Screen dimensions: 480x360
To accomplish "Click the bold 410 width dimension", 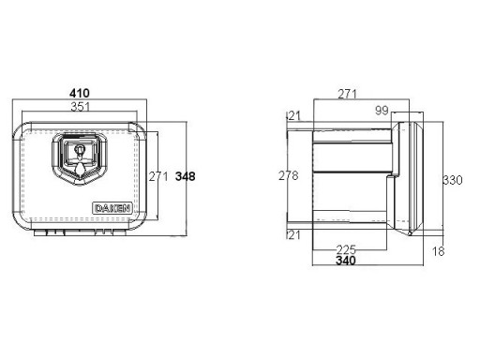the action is click(x=80, y=93).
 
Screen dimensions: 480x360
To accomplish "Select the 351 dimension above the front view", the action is click(x=80, y=107).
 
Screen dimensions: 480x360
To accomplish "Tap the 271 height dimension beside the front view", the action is click(x=158, y=176).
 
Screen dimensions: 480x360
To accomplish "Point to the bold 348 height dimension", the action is click(x=186, y=176).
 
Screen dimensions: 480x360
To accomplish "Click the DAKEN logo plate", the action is click(x=112, y=208).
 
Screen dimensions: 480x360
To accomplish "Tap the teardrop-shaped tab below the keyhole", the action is click(x=80, y=170).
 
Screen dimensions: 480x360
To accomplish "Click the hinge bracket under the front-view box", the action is click(x=80, y=232).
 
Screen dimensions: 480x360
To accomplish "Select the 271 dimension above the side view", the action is click(x=347, y=94).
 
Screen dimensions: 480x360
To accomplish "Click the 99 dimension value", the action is click(x=382, y=111).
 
